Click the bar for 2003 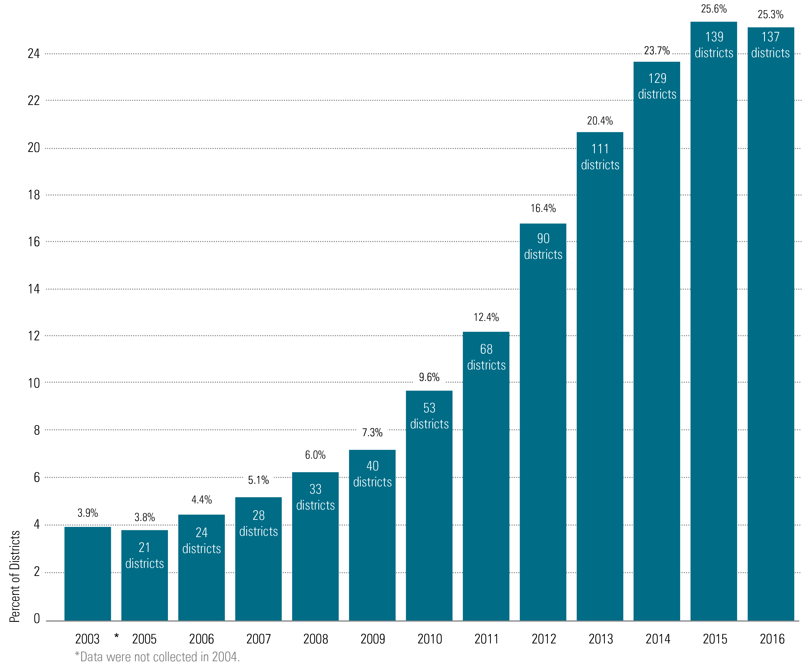tap(87, 573)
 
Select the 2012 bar tap(543, 423)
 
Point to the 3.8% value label tap(144, 517)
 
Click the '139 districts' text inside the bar tap(714, 45)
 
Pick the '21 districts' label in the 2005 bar tap(144, 555)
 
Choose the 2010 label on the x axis tap(430, 639)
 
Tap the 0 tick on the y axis tap(36, 618)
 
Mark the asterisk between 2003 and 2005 tap(116, 636)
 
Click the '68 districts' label tap(486, 357)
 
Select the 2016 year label tap(772, 639)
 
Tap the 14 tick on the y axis tap(34, 289)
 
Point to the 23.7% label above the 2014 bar tap(657, 50)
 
